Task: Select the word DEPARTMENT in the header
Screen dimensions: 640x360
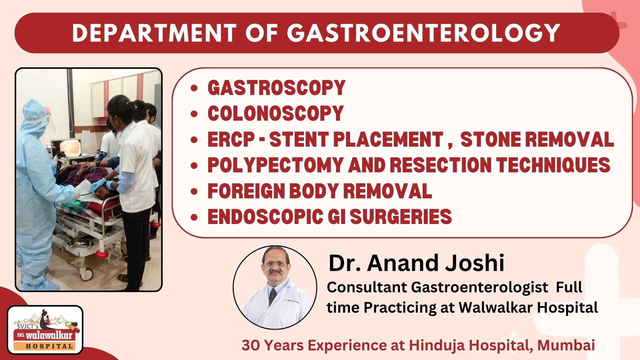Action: pos(154,33)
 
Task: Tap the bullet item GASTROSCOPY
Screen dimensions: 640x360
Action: pos(276,88)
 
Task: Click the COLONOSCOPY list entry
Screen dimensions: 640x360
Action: pos(275,113)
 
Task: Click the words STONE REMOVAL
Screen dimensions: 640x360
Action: pos(537,139)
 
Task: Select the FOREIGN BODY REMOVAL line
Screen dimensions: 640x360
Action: pos(320,191)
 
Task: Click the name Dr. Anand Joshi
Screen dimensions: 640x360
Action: pos(416,263)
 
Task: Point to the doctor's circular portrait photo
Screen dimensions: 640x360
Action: pos(275,287)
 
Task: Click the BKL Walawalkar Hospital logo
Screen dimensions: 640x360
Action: pos(45,330)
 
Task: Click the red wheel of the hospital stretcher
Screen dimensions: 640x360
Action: pos(102,254)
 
